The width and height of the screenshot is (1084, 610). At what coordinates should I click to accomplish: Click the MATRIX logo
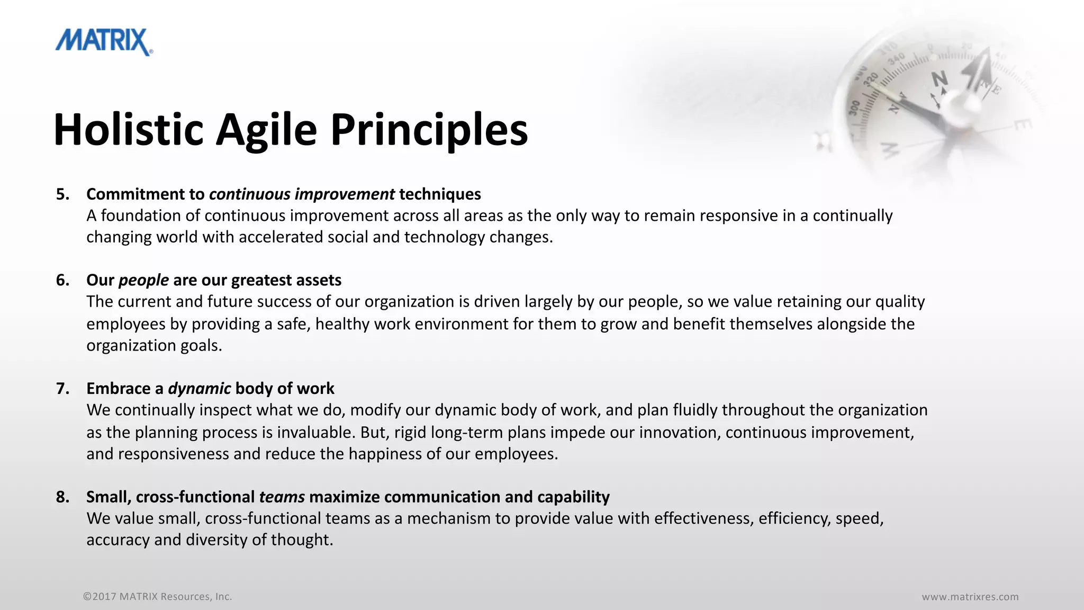pyautogui.click(x=104, y=42)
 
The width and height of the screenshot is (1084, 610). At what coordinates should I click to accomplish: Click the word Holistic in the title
pyautogui.click(x=129, y=130)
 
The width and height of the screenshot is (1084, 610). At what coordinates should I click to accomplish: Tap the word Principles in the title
pyautogui.click(x=429, y=130)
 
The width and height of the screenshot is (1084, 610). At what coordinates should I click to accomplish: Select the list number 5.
pyautogui.click(x=62, y=194)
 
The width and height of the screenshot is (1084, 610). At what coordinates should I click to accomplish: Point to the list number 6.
pyautogui.click(x=62, y=280)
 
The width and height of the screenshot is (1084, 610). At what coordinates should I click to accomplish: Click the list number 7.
pyautogui.click(x=62, y=389)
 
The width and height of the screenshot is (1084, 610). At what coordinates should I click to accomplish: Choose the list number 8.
pyautogui.click(x=62, y=497)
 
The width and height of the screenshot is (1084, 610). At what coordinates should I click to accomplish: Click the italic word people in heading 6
pyautogui.click(x=143, y=281)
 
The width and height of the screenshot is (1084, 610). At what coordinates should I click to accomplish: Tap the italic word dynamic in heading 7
pyautogui.click(x=199, y=389)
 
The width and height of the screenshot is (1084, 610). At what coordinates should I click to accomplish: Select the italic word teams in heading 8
pyautogui.click(x=282, y=497)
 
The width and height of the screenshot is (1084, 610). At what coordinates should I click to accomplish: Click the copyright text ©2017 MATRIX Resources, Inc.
pyautogui.click(x=157, y=597)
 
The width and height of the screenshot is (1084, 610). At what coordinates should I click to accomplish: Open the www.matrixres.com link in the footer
pyautogui.click(x=970, y=597)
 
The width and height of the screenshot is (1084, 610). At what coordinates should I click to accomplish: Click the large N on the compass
pyautogui.click(x=940, y=79)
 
